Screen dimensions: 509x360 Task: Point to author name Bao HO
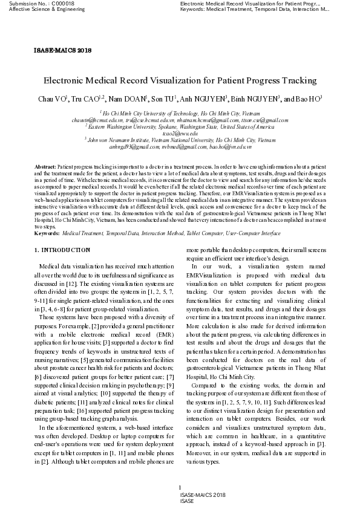(x=310, y=99)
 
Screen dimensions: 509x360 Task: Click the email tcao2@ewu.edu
(x=180, y=133)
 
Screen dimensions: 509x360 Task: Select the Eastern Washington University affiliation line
(x=180, y=127)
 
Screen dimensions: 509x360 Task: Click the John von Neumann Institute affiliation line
(x=180, y=140)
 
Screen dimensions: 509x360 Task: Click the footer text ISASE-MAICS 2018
(x=203, y=494)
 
